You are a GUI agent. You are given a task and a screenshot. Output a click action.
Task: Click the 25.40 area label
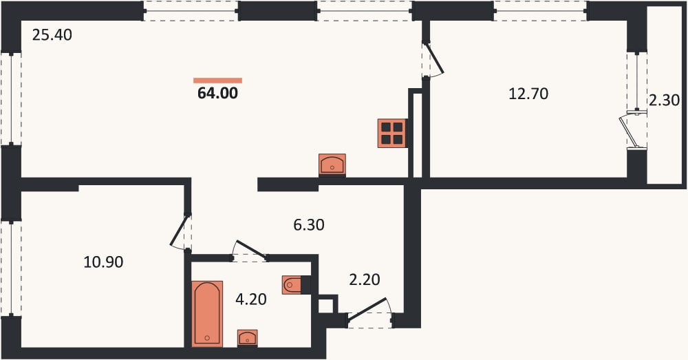(x=52, y=34)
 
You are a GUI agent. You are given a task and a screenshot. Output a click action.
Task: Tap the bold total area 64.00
(x=217, y=93)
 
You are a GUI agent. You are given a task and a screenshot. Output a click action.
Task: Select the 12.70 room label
(x=528, y=94)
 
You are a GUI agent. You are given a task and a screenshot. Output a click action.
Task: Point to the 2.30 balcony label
(x=665, y=100)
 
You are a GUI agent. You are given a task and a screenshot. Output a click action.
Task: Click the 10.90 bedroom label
(x=104, y=262)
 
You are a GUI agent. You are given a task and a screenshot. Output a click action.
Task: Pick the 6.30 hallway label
(x=308, y=225)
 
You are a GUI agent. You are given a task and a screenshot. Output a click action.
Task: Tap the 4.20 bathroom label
(x=251, y=299)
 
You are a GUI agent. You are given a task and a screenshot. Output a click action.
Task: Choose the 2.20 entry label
(x=364, y=279)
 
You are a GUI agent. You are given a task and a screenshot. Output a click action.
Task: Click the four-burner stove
(x=392, y=133)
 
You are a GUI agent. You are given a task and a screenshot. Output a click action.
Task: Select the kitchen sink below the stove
(x=332, y=165)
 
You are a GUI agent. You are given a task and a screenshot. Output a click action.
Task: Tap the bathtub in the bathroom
(x=207, y=313)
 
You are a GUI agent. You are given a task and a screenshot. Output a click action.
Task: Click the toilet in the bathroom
(x=292, y=285)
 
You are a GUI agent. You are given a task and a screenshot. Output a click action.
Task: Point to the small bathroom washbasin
(x=248, y=337)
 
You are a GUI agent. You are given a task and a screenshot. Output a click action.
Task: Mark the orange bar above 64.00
(x=217, y=81)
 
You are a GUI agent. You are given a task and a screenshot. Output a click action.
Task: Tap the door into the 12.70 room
(x=433, y=59)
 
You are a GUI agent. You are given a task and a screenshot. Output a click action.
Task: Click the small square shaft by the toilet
(x=327, y=304)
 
